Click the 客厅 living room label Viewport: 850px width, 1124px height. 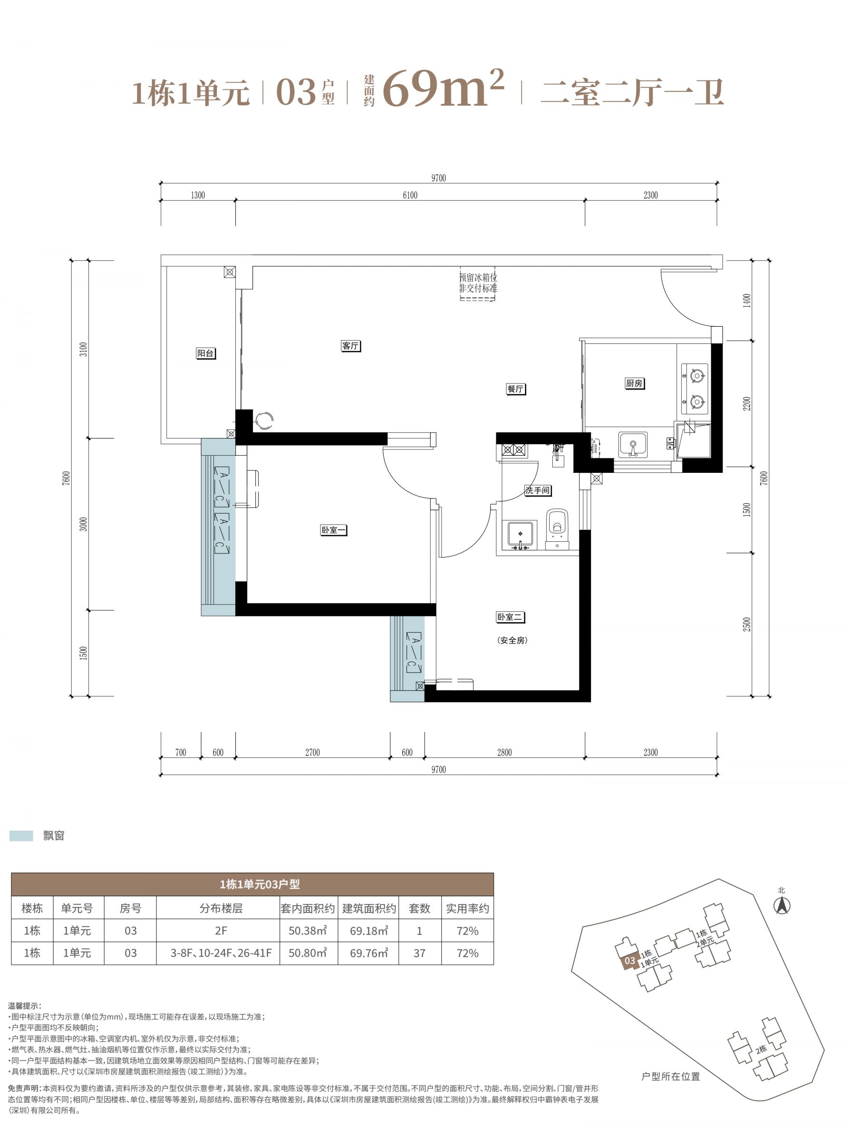click(x=350, y=346)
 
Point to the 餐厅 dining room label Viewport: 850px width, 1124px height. click(x=515, y=389)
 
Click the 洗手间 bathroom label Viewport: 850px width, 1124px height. click(x=538, y=490)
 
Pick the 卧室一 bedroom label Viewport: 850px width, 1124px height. click(x=334, y=530)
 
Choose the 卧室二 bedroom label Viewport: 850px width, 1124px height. click(x=510, y=617)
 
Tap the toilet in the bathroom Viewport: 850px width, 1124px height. click(x=558, y=529)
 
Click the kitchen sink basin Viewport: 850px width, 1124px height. click(x=633, y=445)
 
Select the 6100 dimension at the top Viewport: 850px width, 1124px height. click(x=410, y=195)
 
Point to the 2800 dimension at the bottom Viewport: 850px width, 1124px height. click(x=504, y=753)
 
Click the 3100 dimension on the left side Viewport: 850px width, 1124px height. click(x=84, y=349)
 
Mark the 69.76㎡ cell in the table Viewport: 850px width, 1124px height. click(x=368, y=953)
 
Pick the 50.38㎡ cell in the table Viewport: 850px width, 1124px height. click(x=308, y=931)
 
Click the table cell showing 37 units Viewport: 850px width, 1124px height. click(x=419, y=953)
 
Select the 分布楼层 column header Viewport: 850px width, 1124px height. click(x=221, y=909)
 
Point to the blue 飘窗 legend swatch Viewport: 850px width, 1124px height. click(x=21, y=836)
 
